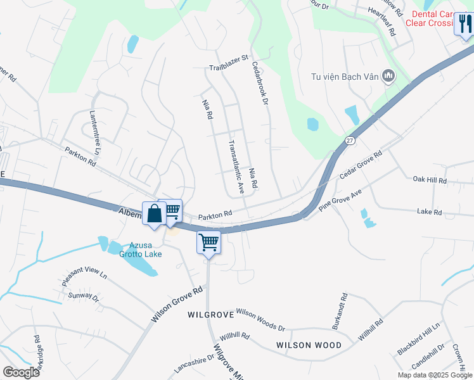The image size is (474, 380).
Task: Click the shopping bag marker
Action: [154, 214]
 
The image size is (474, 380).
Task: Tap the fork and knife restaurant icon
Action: [464, 25]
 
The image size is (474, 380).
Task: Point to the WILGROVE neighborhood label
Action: [207, 314]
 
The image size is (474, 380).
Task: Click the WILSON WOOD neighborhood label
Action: [309, 345]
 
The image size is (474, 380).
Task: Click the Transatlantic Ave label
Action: [236, 166]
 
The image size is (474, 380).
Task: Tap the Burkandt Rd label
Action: [339, 311]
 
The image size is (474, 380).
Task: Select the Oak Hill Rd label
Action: [430, 180]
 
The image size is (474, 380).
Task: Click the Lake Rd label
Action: [429, 212]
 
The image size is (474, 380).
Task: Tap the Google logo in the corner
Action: [21, 372]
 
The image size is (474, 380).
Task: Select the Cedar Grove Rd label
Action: [361, 164]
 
